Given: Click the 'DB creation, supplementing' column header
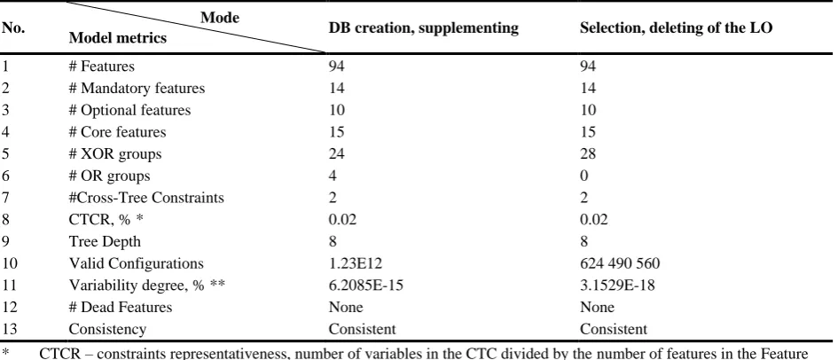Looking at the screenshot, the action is click(423, 27).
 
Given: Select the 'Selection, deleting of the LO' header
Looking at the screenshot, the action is click(676, 27).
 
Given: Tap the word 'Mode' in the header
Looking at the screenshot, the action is click(220, 18).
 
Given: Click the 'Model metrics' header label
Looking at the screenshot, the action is click(118, 38).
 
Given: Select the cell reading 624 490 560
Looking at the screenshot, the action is click(620, 263).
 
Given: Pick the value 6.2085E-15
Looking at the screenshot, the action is click(366, 286).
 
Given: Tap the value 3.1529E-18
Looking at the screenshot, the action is click(617, 286).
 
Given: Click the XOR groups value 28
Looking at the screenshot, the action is click(588, 153).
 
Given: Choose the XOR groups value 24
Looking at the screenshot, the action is click(337, 153).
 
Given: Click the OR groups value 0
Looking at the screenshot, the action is click(584, 176).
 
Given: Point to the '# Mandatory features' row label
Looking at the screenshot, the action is click(137, 88).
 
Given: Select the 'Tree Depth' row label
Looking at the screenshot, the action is click(105, 241).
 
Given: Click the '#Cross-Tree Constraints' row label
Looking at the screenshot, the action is click(146, 198).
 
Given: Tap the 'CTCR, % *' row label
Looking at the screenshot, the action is click(106, 220).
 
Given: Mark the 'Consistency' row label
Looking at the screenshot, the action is click(107, 329).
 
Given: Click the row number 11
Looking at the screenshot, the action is click(9, 286).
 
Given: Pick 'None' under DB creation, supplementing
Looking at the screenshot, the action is click(346, 307).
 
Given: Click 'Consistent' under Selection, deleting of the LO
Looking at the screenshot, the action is click(614, 329).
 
